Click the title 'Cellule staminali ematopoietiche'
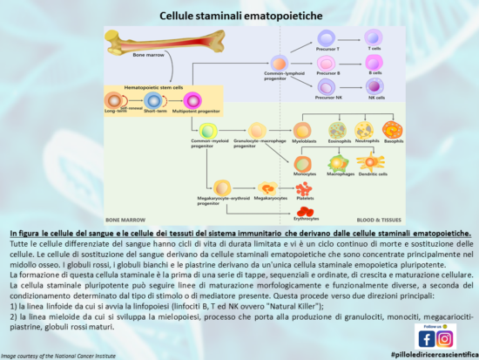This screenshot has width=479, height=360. tap(239, 17)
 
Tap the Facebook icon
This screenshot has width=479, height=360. tap(426, 338)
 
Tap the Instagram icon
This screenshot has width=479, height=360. tap(445, 338)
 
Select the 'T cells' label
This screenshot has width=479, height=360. tap(374, 50)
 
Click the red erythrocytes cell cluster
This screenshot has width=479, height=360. tap(306, 210)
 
